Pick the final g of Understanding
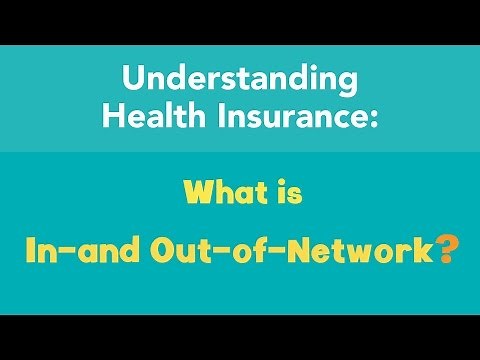[x=347, y=82]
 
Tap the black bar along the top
[x=240, y=20]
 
